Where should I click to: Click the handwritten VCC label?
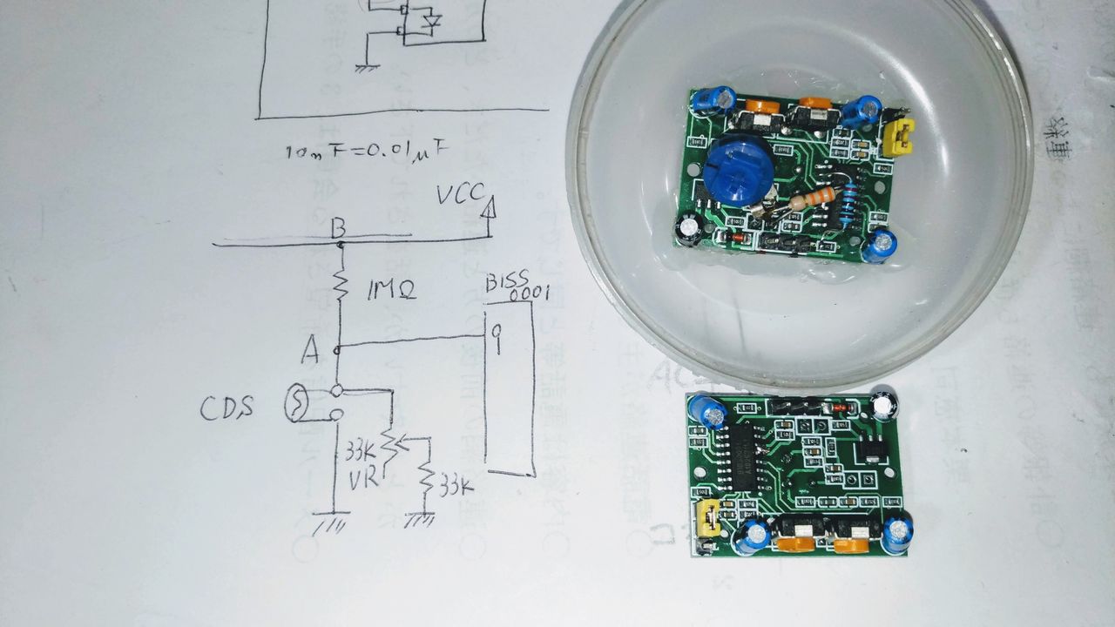tap(460, 196)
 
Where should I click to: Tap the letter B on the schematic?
tap(339, 229)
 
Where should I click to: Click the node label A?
tap(310, 351)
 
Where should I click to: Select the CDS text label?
tap(227, 407)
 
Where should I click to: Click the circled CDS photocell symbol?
tap(297, 406)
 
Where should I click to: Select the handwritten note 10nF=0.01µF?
tap(367, 151)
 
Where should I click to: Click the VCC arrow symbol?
tap(489, 207)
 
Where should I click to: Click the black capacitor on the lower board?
tap(886, 404)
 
